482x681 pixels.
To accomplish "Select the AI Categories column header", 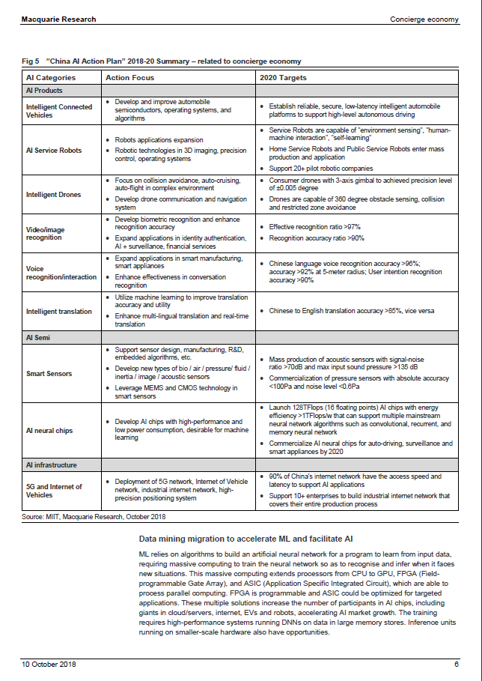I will pyautogui.click(x=51, y=78).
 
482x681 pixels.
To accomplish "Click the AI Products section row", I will pyautogui.click(x=44, y=91).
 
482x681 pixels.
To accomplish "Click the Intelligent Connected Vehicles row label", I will pyautogui.click(x=59, y=112).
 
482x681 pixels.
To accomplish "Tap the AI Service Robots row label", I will pyautogui.click(x=54, y=151).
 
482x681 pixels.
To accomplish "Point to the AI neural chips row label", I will pyautogui.click(x=49, y=431).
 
